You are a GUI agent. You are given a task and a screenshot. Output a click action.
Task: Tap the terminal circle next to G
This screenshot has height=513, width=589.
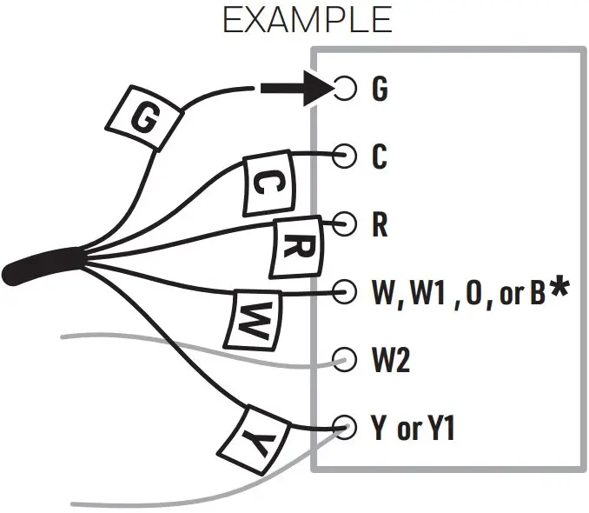(346, 89)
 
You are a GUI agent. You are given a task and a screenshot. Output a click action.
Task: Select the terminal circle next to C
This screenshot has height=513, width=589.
(346, 157)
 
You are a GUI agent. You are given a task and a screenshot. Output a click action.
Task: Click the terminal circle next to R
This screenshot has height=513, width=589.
(346, 223)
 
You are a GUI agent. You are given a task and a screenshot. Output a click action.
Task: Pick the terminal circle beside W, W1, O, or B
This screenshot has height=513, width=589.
(346, 291)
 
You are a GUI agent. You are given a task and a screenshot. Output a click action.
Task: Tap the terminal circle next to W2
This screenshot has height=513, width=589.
(346, 359)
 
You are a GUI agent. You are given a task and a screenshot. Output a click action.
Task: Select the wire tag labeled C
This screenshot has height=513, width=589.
(268, 183)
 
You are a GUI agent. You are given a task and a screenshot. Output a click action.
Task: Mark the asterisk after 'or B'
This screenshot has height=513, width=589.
(559, 290)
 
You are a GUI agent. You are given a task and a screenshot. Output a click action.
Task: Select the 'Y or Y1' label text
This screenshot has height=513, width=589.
(414, 428)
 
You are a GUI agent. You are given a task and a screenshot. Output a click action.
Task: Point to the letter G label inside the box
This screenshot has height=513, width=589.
(380, 90)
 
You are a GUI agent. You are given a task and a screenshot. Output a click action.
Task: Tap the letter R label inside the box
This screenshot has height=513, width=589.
(379, 224)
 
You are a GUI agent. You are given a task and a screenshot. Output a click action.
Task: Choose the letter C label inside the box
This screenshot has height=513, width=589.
(379, 157)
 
